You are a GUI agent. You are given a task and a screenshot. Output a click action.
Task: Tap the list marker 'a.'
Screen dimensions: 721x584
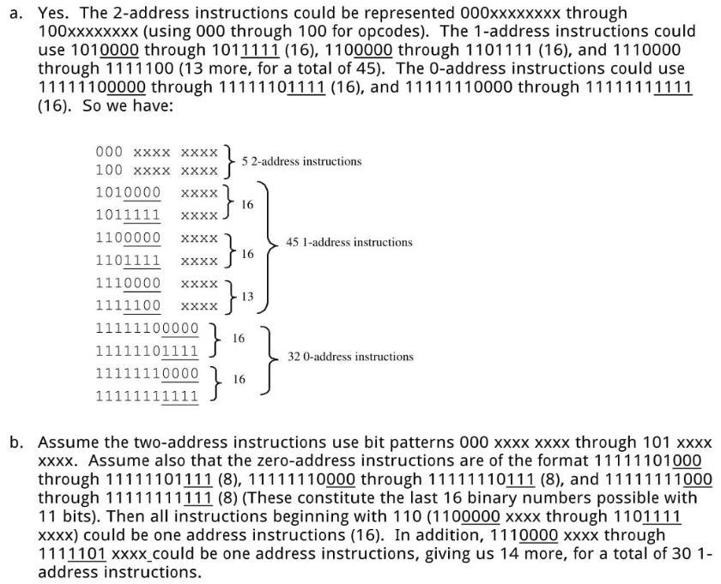pos(16,14)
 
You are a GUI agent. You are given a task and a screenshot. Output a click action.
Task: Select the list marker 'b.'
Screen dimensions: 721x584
pos(16,442)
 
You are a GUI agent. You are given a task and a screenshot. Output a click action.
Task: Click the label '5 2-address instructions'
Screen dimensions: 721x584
pos(301,161)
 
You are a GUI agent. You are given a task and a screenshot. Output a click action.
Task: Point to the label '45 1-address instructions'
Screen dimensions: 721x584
pos(349,242)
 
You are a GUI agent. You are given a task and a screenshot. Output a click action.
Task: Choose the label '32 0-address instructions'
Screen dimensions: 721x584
pos(350,357)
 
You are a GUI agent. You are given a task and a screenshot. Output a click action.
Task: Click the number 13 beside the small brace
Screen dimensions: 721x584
pos(247,297)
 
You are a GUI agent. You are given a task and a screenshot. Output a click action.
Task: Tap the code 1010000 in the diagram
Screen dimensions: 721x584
pos(128,192)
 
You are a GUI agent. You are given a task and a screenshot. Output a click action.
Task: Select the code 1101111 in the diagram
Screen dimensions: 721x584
pos(128,260)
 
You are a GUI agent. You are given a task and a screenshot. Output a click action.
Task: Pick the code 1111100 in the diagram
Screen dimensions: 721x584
pos(128,305)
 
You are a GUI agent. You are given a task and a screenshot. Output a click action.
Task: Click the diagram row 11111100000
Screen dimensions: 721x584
pos(147,328)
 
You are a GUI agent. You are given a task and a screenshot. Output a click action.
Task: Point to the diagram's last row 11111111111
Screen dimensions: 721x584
pos(147,395)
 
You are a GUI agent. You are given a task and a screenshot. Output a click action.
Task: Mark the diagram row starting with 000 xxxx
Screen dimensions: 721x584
pos(157,152)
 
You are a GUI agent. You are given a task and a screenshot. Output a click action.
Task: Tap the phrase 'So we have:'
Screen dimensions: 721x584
pos(128,105)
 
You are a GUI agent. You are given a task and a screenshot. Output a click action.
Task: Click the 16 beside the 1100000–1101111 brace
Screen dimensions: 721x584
pos(247,254)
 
